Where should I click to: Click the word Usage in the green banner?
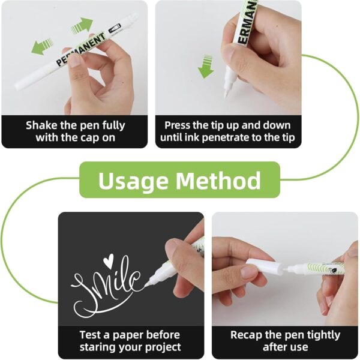[x=133, y=181]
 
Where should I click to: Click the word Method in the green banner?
[x=218, y=180]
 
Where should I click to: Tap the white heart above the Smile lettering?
[x=108, y=260]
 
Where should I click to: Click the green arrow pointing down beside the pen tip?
[x=206, y=67]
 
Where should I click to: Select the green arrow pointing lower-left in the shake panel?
[x=42, y=47]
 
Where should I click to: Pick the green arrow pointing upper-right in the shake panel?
[x=82, y=25]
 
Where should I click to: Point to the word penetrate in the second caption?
[x=226, y=138]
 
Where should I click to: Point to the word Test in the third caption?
[x=90, y=335]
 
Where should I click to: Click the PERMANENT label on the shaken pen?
[x=81, y=49]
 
